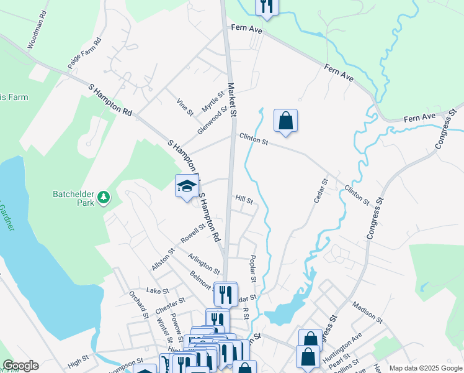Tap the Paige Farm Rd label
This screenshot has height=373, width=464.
click(x=84, y=53)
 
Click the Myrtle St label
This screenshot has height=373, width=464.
click(x=212, y=101)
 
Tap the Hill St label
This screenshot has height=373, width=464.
click(x=244, y=200)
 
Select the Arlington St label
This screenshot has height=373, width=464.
click(x=204, y=264)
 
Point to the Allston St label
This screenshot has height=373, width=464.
click(x=163, y=259)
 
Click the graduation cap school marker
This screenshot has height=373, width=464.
click(x=186, y=186)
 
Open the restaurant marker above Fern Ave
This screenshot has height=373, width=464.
click(x=266, y=6)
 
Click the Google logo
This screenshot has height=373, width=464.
click(x=20, y=366)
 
